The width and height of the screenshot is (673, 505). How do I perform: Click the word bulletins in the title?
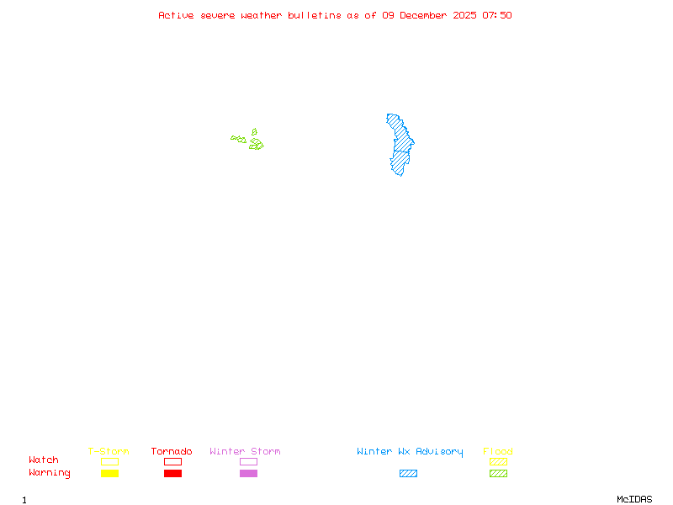[314, 15]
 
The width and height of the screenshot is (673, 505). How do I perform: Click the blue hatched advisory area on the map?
[400, 146]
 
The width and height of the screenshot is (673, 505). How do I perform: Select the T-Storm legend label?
[109, 452]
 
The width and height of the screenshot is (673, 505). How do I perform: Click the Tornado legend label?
[172, 452]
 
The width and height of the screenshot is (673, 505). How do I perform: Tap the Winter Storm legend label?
[245, 452]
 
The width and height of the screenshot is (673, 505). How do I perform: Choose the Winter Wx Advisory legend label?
[410, 452]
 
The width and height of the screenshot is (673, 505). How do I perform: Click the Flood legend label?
[498, 452]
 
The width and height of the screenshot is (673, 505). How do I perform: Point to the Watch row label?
[44, 460]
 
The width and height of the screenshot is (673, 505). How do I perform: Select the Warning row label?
[50, 473]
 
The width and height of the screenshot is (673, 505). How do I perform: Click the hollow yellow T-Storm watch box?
[109, 461]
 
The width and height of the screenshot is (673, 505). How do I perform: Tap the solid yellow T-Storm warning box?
[109, 473]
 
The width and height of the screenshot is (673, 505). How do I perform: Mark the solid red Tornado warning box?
[172, 473]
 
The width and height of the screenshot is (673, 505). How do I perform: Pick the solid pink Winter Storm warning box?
[248, 473]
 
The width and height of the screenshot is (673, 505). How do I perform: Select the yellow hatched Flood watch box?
[498, 461]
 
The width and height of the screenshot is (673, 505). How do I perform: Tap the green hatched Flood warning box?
[498, 473]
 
